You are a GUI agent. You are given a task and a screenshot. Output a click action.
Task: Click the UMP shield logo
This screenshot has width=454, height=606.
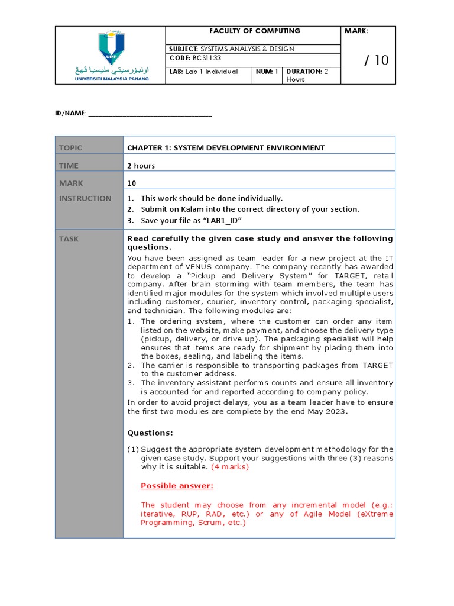(111, 47)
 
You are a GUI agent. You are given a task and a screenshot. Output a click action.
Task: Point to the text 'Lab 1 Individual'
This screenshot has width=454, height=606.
(211, 71)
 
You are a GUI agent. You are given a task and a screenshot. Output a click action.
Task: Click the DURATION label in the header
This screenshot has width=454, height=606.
(304, 71)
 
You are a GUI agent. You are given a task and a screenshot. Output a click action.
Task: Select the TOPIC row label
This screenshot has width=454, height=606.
(70, 147)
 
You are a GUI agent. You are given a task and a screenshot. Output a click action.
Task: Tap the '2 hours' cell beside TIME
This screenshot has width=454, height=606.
(141, 166)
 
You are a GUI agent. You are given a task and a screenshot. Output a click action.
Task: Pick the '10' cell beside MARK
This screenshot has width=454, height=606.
(132, 183)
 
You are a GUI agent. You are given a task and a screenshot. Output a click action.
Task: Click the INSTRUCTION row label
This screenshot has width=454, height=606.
(85, 198)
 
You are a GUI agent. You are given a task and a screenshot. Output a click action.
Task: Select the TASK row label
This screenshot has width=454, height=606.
(69, 238)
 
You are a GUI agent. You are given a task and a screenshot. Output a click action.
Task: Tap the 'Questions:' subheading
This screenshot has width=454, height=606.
(150, 433)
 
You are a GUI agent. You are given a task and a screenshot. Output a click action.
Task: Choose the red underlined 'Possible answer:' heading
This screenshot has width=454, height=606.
(177, 486)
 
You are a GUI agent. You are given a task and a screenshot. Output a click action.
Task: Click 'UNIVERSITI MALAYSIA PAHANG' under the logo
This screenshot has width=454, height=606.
(112, 78)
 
